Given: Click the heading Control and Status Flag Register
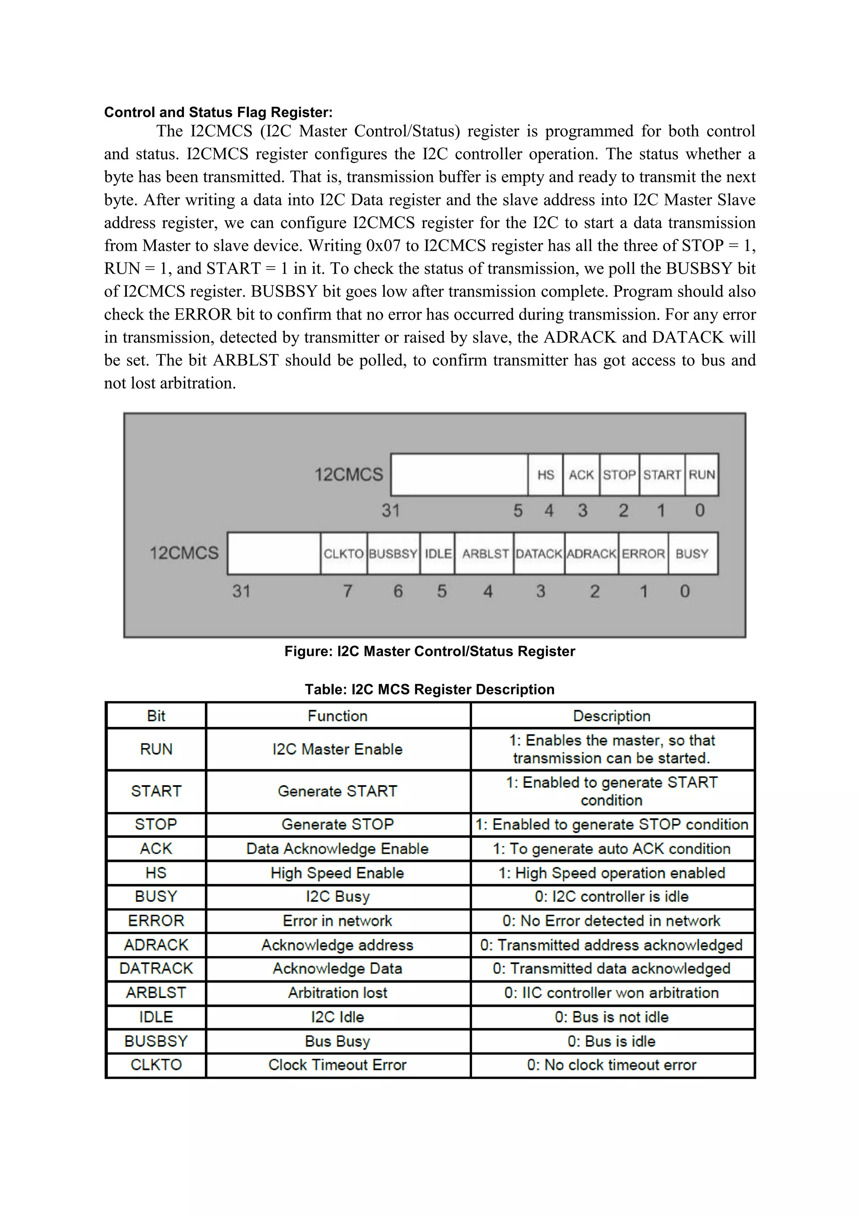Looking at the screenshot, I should pyautogui.click(x=218, y=112).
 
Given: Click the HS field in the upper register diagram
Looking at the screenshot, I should pyautogui.click(x=545, y=474).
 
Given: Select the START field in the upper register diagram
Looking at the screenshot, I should pyautogui.click(x=661, y=474).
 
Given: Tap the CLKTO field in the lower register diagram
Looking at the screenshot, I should pyautogui.click(x=343, y=553).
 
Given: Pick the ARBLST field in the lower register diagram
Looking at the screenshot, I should pyautogui.click(x=485, y=553).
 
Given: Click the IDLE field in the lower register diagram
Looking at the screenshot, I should pyautogui.click(x=438, y=553).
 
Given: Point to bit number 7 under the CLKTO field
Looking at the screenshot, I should pyautogui.click(x=347, y=590).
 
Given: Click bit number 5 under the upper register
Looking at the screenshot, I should pyautogui.click(x=518, y=511).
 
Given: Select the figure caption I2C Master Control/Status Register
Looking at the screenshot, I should pyautogui.click(x=430, y=651).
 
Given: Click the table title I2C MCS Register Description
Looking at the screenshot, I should pyautogui.click(x=430, y=689).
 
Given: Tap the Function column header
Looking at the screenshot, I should pyautogui.click(x=337, y=716).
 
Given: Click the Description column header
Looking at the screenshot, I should pyautogui.click(x=612, y=716).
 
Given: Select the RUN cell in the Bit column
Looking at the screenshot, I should pyautogui.click(x=156, y=749).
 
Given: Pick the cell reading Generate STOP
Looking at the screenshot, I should pyautogui.click(x=337, y=824).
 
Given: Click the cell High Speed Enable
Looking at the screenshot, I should pyautogui.click(x=337, y=873).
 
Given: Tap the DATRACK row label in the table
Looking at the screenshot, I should pyautogui.click(x=156, y=968).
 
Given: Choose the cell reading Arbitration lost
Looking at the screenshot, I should pyautogui.click(x=337, y=993).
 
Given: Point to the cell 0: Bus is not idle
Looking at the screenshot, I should pyautogui.click(x=612, y=1017).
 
